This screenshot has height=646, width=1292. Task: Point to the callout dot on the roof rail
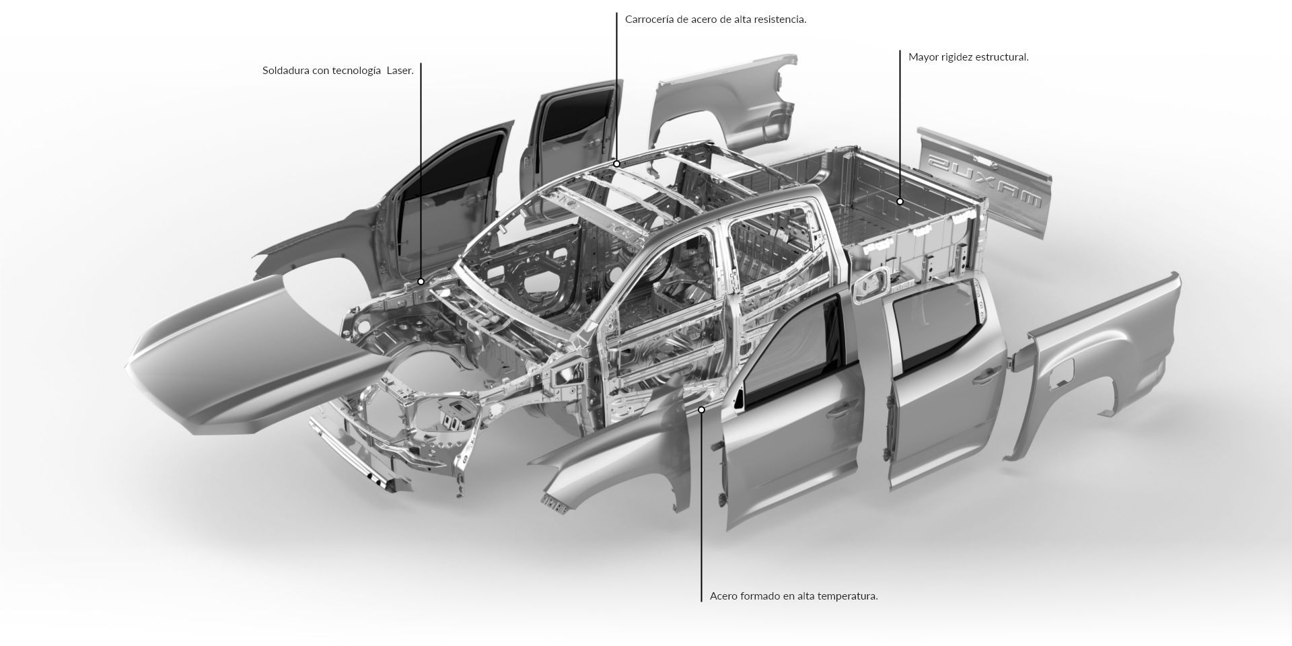tap(616, 164)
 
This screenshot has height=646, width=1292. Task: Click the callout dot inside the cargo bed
tap(900, 201)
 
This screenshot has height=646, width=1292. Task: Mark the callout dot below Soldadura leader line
tap(421, 281)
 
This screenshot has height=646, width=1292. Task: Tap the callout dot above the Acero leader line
tap(701, 409)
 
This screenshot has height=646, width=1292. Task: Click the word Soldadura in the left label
tap(286, 71)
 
